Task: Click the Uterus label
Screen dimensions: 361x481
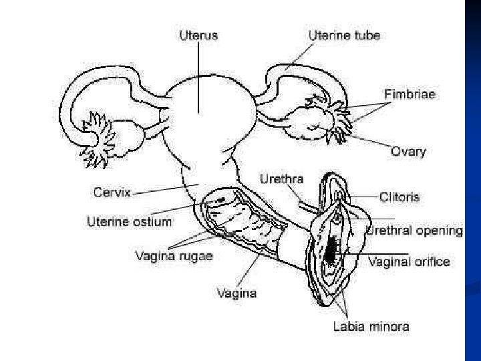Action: click(198, 35)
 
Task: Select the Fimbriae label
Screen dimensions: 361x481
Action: click(410, 94)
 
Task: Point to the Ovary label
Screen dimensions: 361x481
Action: click(408, 151)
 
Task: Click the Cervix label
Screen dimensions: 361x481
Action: click(112, 193)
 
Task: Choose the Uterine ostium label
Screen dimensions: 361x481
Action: click(130, 221)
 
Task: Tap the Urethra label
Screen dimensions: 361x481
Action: click(281, 178)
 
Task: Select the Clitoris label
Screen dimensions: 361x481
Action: click(399, 197)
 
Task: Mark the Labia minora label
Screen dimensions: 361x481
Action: click(371, 327)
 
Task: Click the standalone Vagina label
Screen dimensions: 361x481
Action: click(237, 293)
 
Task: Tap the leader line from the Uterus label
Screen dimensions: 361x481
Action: click(198, 74)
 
